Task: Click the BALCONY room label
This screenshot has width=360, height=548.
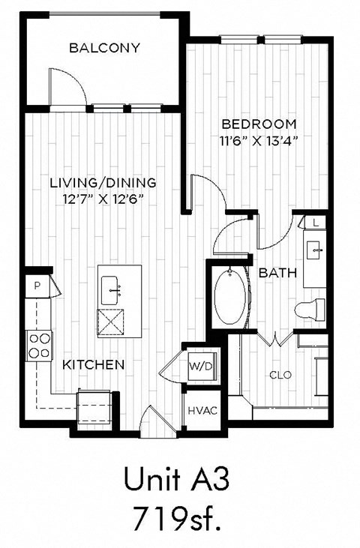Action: pyautogui.click(x=104, y=48)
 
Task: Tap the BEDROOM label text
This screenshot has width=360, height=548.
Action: pyautogui.click(x=258, y=124)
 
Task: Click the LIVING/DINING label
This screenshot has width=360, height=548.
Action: pyautogui.click(x=103, y=182)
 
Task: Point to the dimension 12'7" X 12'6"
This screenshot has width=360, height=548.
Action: pyautogui.click(x=103, y=199)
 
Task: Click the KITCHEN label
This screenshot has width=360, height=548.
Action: pyautogui.click(x=92, y=364)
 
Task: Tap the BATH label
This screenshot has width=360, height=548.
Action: pyautogui.click(x=276, y=273)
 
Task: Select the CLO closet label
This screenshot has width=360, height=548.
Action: pyautogui.click(x=280, y=375)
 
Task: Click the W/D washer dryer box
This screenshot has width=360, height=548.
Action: pyautogui.click(x=199, y=367)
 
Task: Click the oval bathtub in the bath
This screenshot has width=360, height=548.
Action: pyautogui.click(x=229, y=298)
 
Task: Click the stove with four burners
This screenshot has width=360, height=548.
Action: pyautogui.click(x=39, y=346)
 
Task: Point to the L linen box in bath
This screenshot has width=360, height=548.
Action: pyautogui.click(x=316, y=223)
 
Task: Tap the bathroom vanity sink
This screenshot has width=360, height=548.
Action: pyautogui.click(x=314, y=247)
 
